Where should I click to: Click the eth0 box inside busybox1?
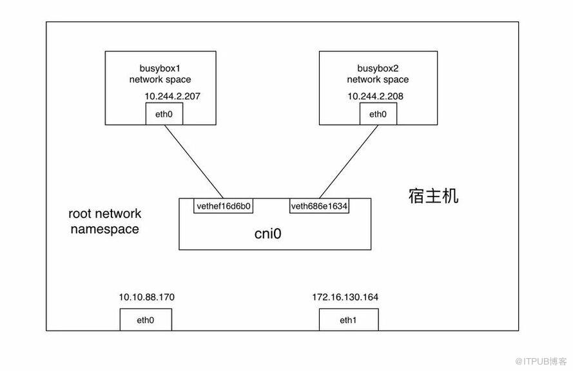(163, 114)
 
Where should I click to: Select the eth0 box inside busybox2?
(377, 114)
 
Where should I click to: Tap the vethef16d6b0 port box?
(223, 206)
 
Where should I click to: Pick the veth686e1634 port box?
(319, 206)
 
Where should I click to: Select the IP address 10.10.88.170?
(146, 297)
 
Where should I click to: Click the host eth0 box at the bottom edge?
(146, 319)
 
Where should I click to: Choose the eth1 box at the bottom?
(348, 319)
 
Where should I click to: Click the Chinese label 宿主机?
(433, 196)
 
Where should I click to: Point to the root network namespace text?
(105, 221)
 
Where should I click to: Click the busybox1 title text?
(163, 68)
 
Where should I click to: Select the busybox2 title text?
(378, 68)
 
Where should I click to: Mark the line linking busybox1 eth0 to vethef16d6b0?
(193, 162)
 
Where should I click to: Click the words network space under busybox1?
(160, 79)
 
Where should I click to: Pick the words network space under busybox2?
(378, 79)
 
